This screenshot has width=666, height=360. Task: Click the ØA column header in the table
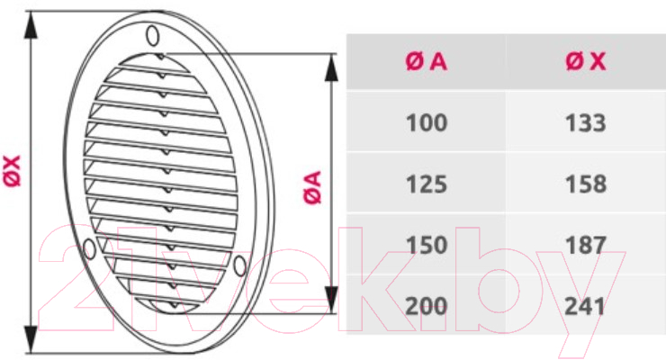pyautogui.click(x=426, y=61)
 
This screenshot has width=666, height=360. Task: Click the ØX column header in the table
pyautogui.click(x=586, y=61)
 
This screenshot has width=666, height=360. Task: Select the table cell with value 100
pyautogui.click(x=427, y=122)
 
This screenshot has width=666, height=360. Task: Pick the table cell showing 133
pyautogui.click(x=585, y=122)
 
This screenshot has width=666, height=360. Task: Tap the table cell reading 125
pyautogui.click(x=427, y=184)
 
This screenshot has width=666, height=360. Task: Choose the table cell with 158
pyautogui.click(x=585, y=184)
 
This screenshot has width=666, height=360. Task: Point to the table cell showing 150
pyautogui.click(x=427, y=245)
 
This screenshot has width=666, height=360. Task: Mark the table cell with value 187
pyautogui.click(x=585, y=245)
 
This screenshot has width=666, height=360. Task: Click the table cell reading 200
pyautogui.click(x=427, y=306)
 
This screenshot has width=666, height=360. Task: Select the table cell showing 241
pyautogui.click(x=584, y=306)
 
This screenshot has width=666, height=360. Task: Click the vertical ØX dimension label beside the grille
pyautogui.click(x=13, y=171)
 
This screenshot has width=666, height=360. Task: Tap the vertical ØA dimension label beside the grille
pyautogui.click(x=312, y=187)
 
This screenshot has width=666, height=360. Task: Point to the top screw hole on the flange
pyautogui.click(x=153, y=35)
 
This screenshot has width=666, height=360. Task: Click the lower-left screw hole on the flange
pyautogui.click(x=89, y=248)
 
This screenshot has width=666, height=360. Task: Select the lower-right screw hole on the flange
pyautogui.click(x=240, y=265)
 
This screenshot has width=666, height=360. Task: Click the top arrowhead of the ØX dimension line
pyautogui.click(x=31, y=25)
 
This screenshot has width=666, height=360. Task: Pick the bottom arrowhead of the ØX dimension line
pyautogui.click(x=31, y=338)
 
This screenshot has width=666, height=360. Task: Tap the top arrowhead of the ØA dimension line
pyautogui.click(x=331, y=67)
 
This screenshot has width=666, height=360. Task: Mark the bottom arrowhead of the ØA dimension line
pyautogui.click(x=331, y=300)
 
